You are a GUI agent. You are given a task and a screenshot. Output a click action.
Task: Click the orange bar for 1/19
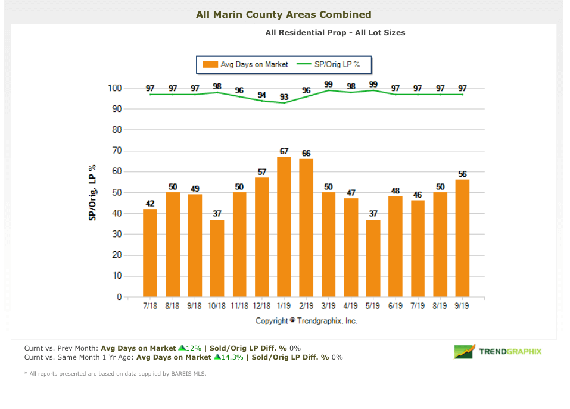(284, 227)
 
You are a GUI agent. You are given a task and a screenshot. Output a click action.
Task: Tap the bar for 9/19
(462, 238)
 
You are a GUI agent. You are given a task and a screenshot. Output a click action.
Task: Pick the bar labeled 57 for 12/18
(261, 237)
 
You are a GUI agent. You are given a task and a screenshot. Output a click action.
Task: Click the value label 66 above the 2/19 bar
(306, 153)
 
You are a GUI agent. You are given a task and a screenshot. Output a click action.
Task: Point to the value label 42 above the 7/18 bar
(150, 204)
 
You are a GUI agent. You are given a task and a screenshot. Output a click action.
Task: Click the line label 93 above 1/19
(284, 97)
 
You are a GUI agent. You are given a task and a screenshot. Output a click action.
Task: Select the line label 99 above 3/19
(328, 85)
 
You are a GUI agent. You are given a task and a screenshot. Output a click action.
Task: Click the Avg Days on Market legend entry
(245, 64)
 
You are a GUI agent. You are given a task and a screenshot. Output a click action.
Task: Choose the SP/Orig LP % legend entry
(334, 64)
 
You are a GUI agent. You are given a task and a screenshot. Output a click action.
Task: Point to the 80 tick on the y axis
(116, 130)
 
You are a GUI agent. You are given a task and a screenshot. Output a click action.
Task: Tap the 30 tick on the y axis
(116, 234)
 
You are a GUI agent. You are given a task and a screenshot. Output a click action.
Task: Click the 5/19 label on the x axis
(373, 306)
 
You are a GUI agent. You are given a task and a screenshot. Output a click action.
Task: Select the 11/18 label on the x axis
(239, 306)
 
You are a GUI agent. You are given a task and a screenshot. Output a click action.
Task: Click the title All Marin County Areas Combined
(284, 14)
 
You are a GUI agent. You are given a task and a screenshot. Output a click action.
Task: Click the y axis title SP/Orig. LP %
(93, 193)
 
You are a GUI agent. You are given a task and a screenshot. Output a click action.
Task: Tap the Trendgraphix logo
(497, 351)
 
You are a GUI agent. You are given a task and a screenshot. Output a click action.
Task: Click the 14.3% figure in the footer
(232, 357)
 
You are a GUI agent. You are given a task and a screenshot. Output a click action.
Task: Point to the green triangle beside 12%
(181, 348)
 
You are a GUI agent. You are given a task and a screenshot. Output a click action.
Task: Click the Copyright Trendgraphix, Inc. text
(306, 320)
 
